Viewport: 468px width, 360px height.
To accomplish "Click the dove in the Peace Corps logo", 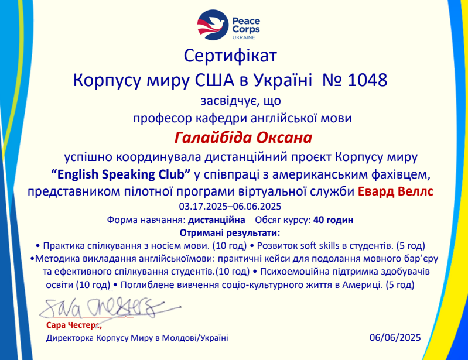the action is point(212,25).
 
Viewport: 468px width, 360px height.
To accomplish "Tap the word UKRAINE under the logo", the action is point(244,37).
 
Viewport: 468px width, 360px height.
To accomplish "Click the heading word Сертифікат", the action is point(230,56).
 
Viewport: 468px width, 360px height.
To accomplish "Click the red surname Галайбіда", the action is point(213,138).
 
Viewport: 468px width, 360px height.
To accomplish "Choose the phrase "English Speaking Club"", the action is point(121,174).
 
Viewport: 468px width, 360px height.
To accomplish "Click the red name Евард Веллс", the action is point(395,191).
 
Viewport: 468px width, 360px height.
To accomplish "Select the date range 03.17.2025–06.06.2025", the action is point(230,207).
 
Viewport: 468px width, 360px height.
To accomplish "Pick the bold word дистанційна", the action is point(216,220).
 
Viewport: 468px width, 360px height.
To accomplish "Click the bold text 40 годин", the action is point(333,220).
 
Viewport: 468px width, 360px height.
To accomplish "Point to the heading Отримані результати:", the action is point(230,233).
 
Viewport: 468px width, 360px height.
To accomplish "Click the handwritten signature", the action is point(110,308).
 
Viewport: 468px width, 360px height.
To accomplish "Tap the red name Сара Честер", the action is point(74,325).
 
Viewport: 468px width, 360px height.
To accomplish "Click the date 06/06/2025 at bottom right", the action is point(395,337).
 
